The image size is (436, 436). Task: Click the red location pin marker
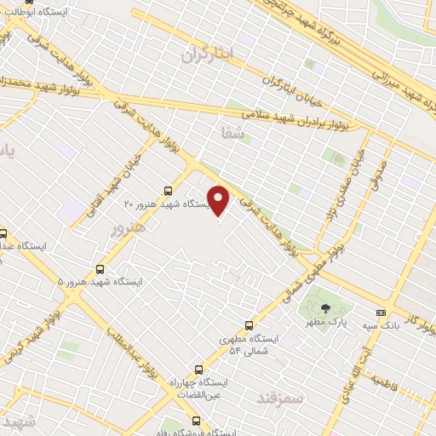220,201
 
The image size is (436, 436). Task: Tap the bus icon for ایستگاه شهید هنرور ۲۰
167,192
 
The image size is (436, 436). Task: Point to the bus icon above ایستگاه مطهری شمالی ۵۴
250,325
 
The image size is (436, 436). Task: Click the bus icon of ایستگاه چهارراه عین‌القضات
198,370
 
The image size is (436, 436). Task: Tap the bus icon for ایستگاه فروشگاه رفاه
197,421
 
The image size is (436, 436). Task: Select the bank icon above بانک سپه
381,313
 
